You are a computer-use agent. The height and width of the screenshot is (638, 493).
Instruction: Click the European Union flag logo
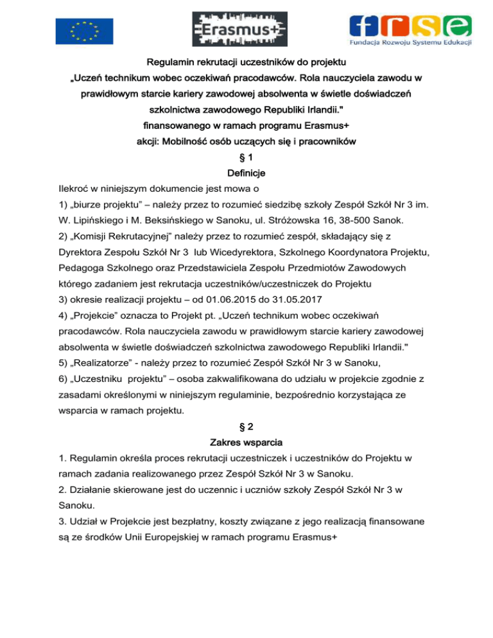click(x=84, y=29)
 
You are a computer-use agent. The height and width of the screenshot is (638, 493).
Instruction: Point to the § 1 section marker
click(x=246, y=157)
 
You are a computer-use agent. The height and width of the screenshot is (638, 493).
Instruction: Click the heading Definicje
click(x=246, y=173)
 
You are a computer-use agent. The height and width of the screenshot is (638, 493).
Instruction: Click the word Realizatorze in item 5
click(x=105, y=363)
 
